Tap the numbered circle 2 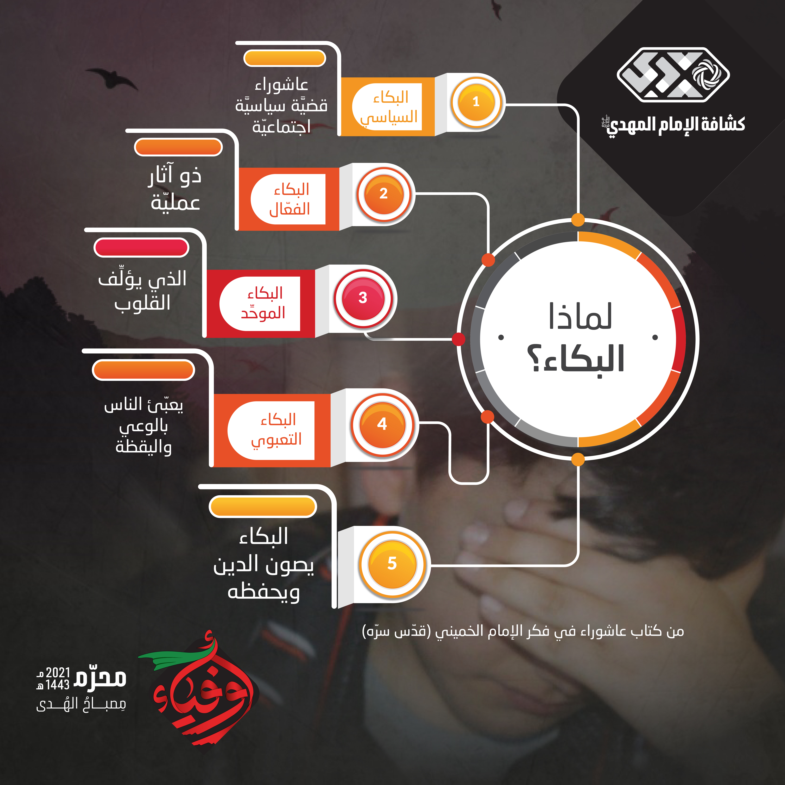coord(384,194)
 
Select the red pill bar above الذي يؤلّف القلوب coord(141,247)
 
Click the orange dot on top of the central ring coord(578,220)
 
